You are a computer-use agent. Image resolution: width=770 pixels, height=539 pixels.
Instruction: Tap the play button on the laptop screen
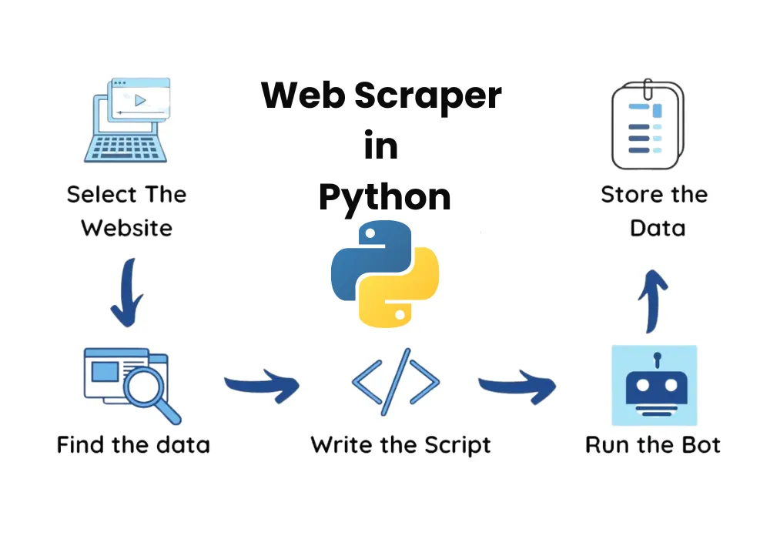pyautogui.click(x=140, y=99)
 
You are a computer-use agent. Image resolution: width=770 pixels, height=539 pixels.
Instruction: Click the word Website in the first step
pyautogui.click(x=126, y=228)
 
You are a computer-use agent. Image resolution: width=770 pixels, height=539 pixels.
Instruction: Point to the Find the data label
pyautogui.click(x=133, y=445)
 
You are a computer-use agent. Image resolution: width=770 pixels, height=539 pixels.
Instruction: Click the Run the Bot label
pyautogui.click(x=653, y=445)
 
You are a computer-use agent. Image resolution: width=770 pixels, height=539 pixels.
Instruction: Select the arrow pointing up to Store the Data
pyautogui.click(x=654, y=300)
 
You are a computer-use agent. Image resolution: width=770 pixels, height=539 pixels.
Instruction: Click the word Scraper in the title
pyautogui.click(x=428, y=97)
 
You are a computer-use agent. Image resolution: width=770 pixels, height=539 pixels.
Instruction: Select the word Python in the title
pyautogui.click(x=384, y=197)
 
